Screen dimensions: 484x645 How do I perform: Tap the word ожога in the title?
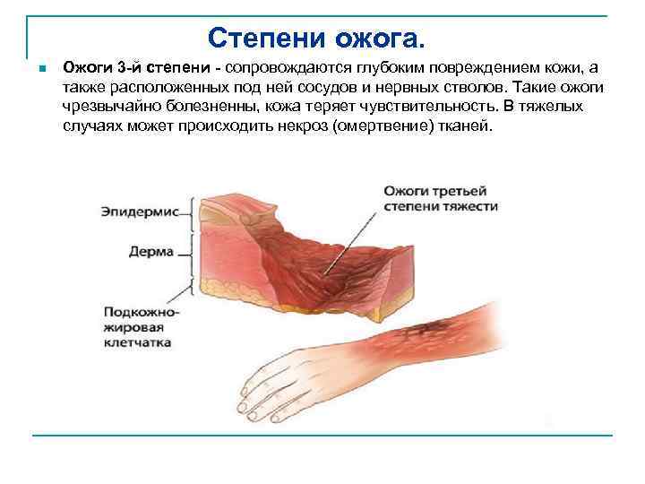point(383,39)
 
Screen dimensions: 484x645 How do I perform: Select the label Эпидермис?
point(142,212)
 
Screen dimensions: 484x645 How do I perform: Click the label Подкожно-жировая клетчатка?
point(140,327)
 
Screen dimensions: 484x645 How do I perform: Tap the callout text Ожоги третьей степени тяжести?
point(440,198)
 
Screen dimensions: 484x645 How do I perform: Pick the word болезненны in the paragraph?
point(193,107)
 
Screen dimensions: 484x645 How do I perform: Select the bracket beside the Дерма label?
point(191,252)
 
